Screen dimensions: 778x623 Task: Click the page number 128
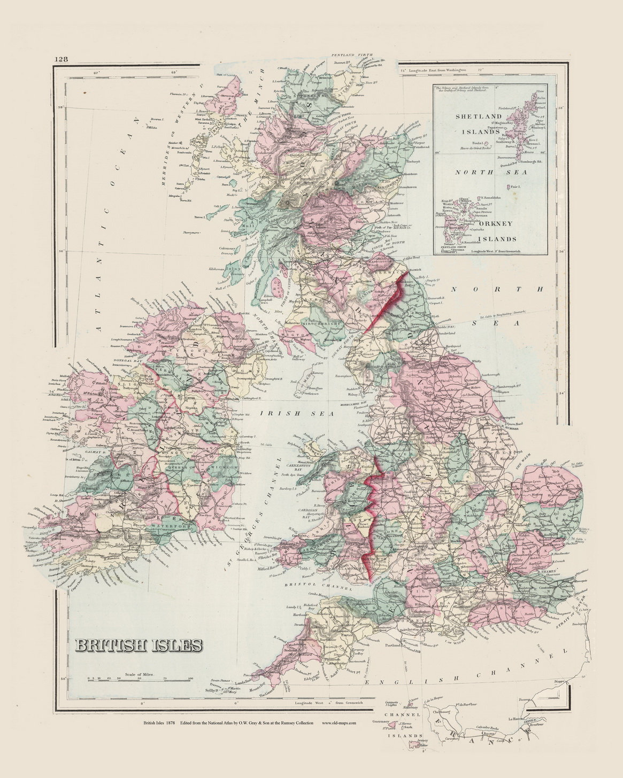tap(60, 60)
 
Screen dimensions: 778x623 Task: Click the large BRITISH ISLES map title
tap(138, 645)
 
